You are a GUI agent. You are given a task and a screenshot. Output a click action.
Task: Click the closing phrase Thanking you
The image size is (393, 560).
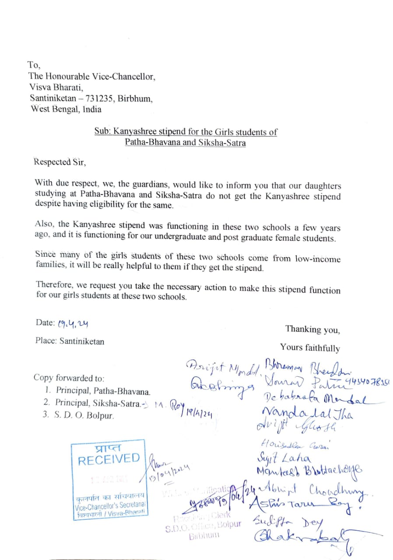[x=312, y=329]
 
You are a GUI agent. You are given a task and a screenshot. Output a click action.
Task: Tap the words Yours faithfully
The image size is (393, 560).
[x=310, y=348]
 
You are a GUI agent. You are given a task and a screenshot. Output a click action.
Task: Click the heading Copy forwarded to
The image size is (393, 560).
[x=69, y=378]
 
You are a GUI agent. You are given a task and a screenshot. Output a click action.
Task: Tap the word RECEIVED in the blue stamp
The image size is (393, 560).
[x=109, y=459]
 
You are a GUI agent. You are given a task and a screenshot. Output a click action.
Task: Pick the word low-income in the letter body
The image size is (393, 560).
[x=319, y=258]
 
